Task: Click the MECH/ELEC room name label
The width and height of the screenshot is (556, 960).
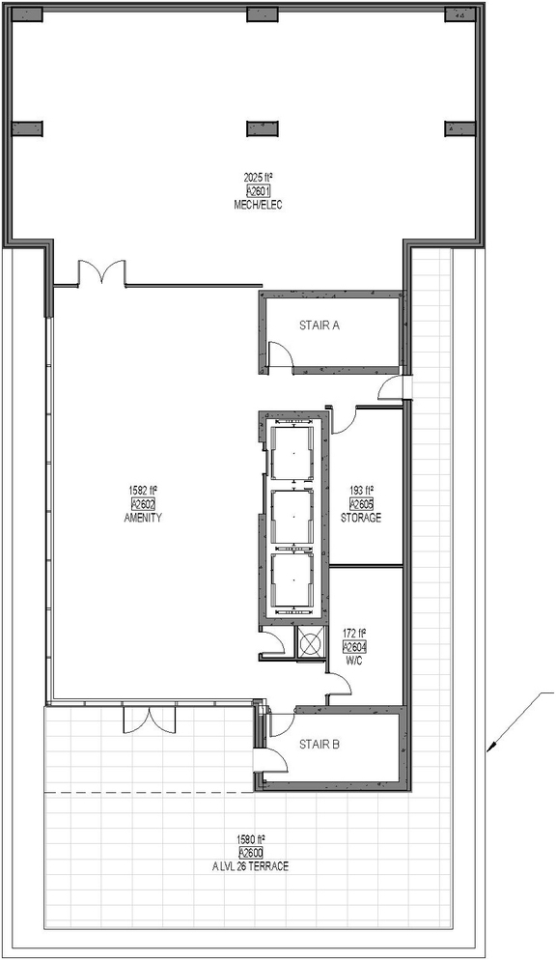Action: point(258,205)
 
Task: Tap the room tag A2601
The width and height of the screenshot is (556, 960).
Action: point(258,191)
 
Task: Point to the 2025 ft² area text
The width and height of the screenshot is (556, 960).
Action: point(258,178)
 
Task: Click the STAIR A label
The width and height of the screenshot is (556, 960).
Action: point(320,325)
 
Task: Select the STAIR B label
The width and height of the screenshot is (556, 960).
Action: point(320,745)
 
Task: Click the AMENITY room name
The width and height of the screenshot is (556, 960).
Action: point(143,518)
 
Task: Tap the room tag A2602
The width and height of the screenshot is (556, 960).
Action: point(143,504)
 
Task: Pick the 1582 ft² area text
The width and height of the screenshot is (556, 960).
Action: point(143,490)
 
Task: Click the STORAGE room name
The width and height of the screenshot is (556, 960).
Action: point(361,518)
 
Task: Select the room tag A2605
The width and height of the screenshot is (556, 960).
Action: point(361,504)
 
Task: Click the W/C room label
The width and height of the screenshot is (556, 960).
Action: point(354,661)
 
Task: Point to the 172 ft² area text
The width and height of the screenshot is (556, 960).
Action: point(355,634)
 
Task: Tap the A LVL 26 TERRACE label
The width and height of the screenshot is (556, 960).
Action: point(250,866)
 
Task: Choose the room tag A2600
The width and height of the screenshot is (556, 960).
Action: point(250,854)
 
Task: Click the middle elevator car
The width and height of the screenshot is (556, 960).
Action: point(292,516)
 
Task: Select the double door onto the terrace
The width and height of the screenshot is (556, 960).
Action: point(150,720)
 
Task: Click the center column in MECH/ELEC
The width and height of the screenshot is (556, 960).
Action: point(263,128)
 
